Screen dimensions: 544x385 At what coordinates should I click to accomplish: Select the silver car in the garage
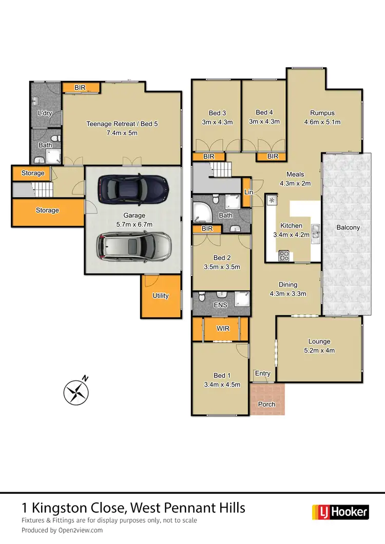[x=133, y=246]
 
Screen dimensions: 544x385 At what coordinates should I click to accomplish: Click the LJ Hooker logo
[x=340, y=511]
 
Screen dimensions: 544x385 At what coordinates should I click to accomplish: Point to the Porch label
[x=266, y=404]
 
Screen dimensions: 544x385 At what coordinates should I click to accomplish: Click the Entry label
[x=263, y=373]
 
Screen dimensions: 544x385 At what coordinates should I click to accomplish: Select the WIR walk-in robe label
[x=223, y=329]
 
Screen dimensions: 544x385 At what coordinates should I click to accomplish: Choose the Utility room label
[x=161, y=296]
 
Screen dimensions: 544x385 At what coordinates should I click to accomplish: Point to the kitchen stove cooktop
[x=284, y=256]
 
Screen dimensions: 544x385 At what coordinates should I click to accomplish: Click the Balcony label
[x=348, y=227]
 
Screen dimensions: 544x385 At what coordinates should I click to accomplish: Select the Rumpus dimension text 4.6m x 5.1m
[x=322, y=122]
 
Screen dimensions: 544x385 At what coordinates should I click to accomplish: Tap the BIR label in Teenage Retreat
[x=80, y=88]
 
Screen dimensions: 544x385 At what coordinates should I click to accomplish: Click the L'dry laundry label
[x=45, y=113]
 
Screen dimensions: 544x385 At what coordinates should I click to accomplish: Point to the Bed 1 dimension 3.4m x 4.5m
[x=222, y=385]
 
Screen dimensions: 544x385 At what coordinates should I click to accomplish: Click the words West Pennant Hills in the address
[x=188, y=508]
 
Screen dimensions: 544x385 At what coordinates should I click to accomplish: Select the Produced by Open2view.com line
[x=62, y=530]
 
